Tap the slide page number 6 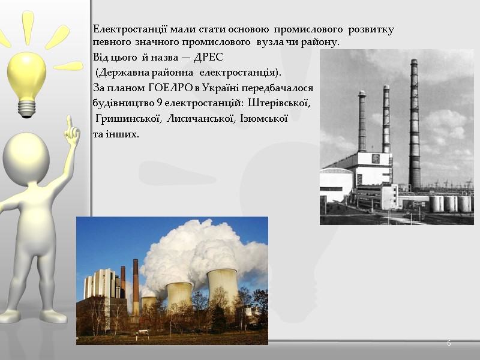[x=448, y=343]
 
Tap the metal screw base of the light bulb [x=26, y=108]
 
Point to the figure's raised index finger [x=70, y=123]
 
